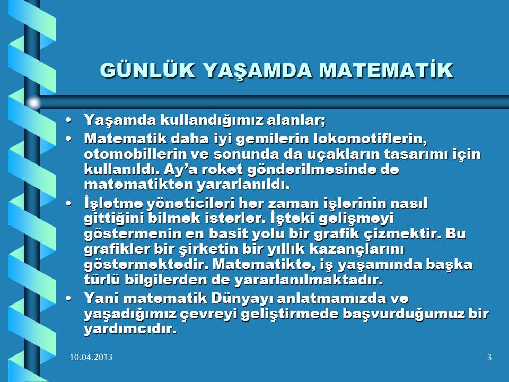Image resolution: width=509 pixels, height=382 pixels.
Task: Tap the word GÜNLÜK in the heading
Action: coord(147,70)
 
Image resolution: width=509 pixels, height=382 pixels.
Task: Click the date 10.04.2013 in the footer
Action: coord(91,357)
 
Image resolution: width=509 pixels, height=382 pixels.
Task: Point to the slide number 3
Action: coord(489,357)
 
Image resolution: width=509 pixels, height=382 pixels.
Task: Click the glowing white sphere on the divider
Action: coord(33,102)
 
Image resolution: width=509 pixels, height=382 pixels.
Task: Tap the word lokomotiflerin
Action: coord(370,138)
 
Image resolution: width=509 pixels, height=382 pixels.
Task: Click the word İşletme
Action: coord(113,203)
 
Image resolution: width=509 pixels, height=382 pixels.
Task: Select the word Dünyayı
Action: coord(242,299)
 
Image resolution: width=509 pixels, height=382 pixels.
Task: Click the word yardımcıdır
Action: coord(130,329)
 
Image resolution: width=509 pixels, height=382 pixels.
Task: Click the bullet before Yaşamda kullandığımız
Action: coord(68,120)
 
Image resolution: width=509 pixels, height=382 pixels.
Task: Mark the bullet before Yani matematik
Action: coord(68,298)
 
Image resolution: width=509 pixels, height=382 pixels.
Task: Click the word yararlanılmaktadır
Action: coord(309,280)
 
